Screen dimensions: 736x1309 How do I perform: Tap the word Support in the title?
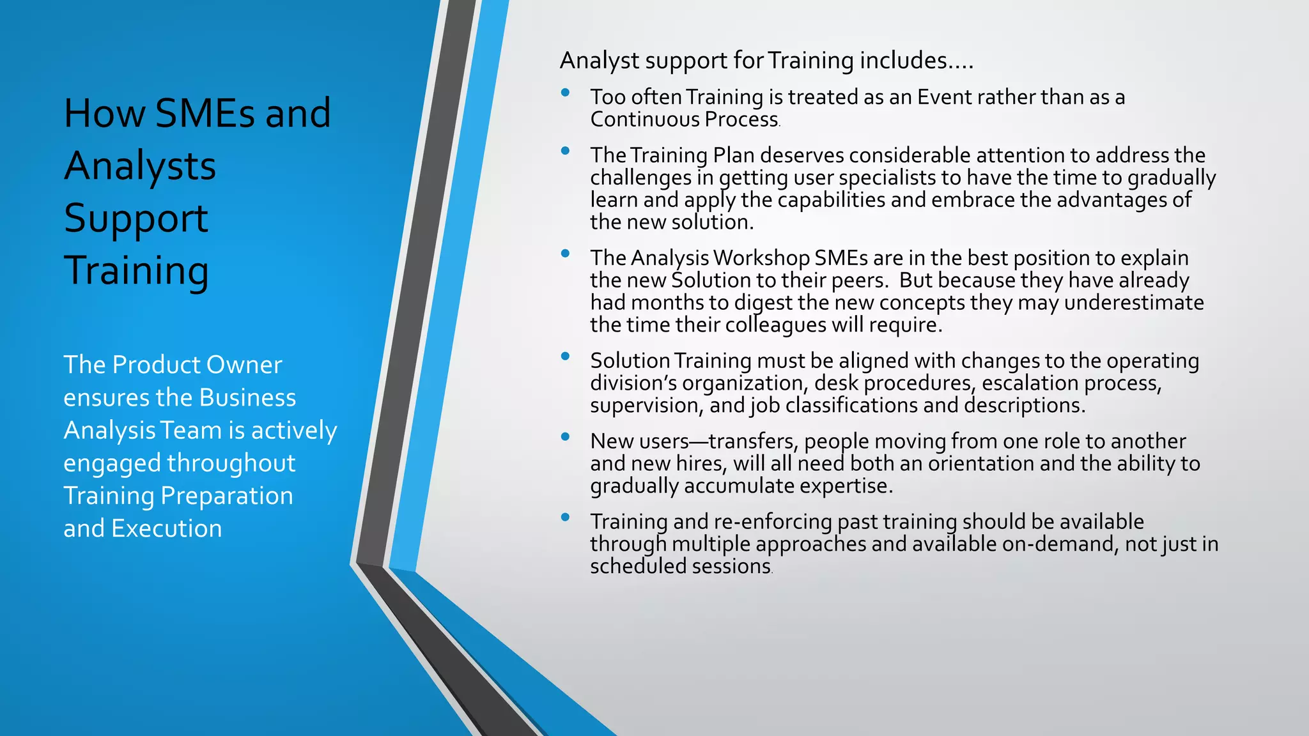(x=136, y=218)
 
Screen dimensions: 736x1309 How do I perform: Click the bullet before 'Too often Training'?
(x=565, y=93)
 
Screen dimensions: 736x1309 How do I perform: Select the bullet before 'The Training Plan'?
(x=565, y=151)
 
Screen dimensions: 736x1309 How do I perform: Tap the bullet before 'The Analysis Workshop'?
(x=565, y=254)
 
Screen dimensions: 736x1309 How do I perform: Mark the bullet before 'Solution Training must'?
(x=565, y=356)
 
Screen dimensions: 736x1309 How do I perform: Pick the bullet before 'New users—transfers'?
(x=565, y=437)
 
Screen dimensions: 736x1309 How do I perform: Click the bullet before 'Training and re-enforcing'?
(x=565, y=517)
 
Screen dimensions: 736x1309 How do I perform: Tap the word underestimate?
(x=1133, y=302)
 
